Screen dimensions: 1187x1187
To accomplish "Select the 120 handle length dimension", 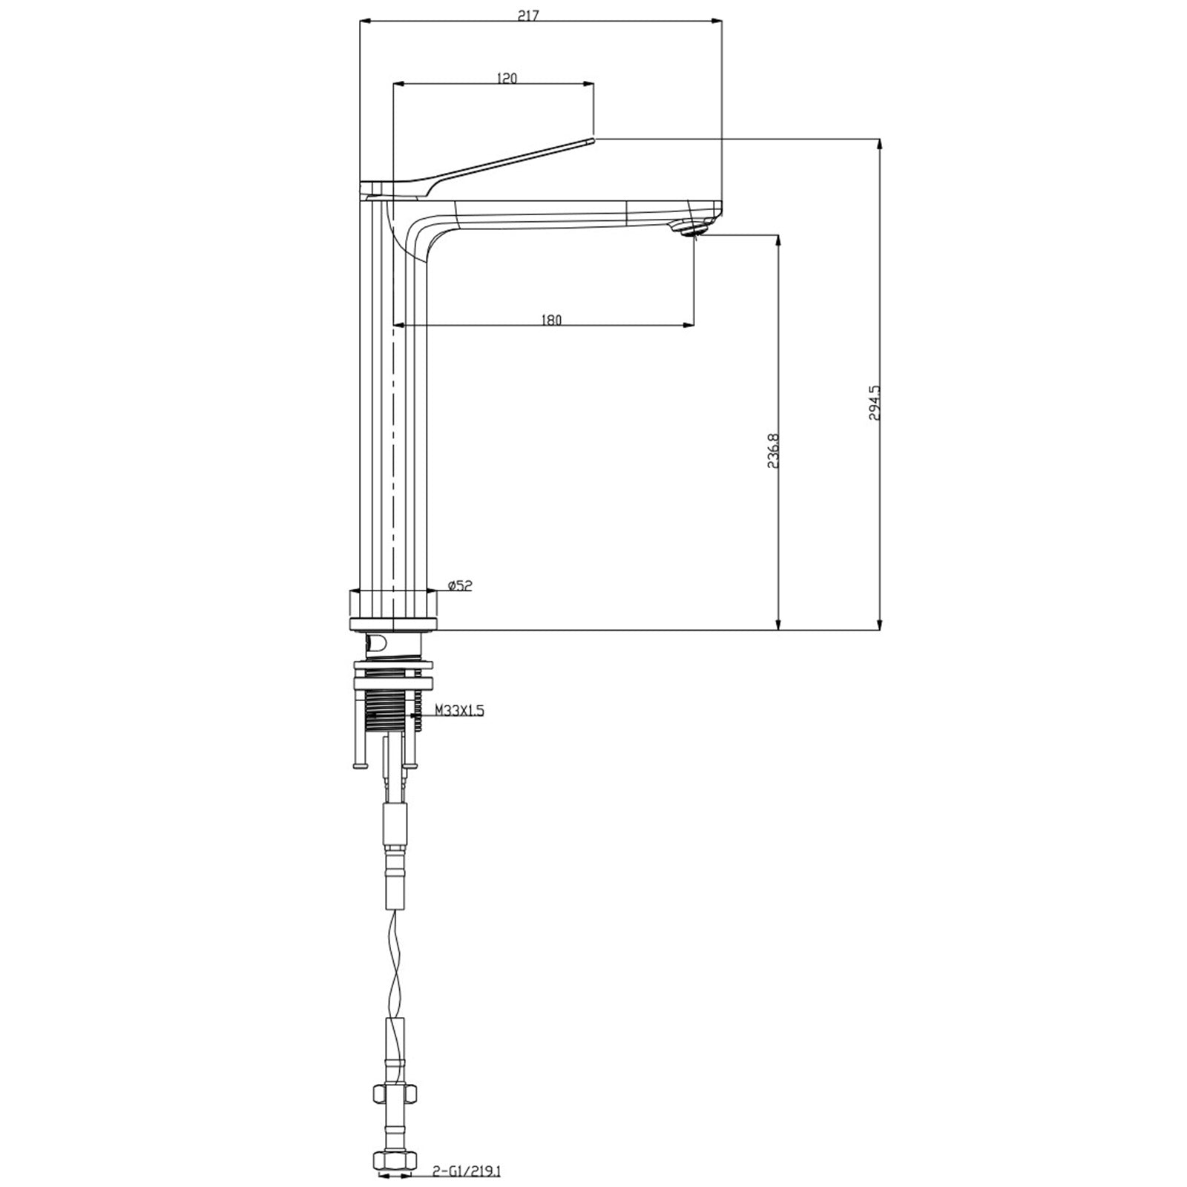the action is pos(507,79).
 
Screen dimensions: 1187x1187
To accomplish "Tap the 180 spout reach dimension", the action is pos(551,320).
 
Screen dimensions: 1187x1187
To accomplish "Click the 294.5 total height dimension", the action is pos(874,403).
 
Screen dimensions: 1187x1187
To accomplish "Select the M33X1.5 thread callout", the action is pos(459,711).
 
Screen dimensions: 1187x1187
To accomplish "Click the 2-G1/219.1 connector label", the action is pos(467,1171).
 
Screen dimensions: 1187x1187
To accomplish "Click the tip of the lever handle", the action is pos(593,138).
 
